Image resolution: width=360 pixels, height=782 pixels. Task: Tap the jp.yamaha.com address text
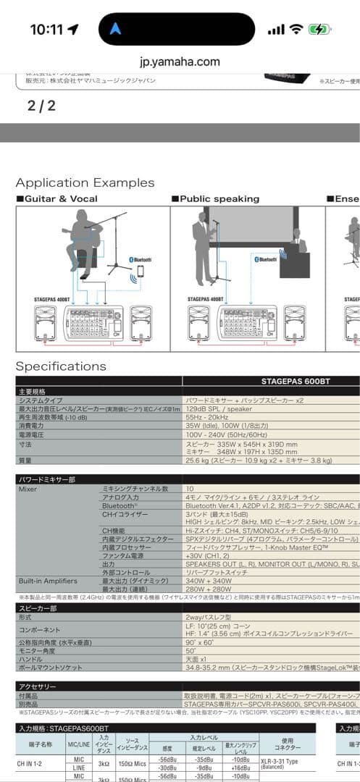[180, 62]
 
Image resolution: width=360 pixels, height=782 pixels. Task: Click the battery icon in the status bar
[319, 30]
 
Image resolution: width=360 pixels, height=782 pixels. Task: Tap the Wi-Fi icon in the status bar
[296, 30]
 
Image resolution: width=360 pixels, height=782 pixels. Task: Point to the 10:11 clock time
[47, 30]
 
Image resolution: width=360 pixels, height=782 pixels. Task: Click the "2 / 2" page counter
[41, 106]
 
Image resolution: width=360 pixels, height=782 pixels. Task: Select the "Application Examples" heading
[85, 182]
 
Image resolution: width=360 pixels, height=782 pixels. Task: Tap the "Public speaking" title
[219, 198]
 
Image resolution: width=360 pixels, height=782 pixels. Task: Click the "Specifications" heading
[61, 366]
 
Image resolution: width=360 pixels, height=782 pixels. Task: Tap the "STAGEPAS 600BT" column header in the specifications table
[296, 380]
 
